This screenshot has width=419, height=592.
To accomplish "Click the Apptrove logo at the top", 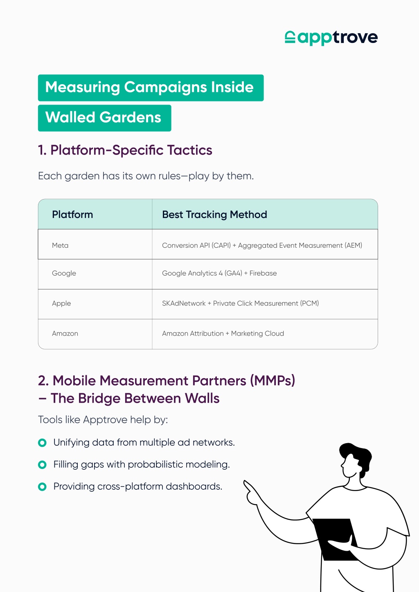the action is tap(331, 38).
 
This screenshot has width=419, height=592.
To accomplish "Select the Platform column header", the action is tap(72, 214).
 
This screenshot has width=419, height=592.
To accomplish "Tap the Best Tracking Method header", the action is tap(214, 215).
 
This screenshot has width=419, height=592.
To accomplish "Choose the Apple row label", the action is tap(61, 303).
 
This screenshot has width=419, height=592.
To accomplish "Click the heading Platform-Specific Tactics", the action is tap(125, 150).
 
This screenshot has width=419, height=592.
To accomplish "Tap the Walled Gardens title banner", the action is tap(104, 118).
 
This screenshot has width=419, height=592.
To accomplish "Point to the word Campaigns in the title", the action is tap(165, 87).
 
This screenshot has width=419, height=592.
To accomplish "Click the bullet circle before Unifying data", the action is tap(42, 443).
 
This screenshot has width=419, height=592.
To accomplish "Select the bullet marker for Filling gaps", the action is tap(42, 464).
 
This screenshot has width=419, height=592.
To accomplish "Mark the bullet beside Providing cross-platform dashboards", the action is tap(42, 487).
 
